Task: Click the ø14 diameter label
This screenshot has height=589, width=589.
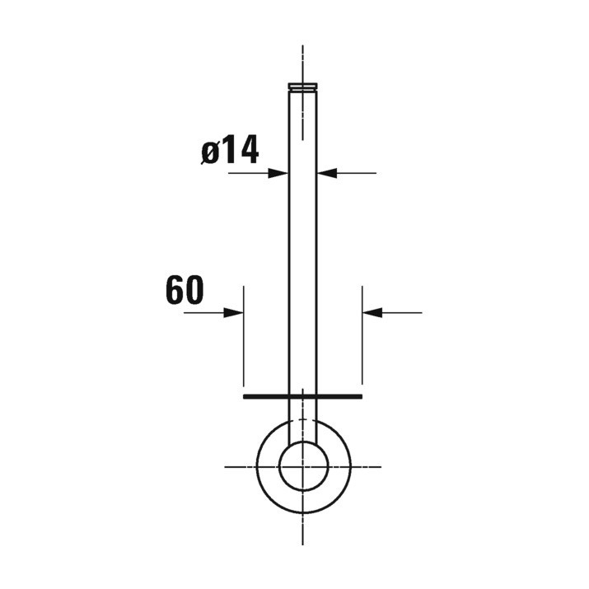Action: point(230,151)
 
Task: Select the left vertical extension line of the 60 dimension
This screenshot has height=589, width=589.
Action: point(244,346)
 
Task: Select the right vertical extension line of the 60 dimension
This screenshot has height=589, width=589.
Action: point(362,346)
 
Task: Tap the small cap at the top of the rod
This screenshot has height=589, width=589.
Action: point(302,86)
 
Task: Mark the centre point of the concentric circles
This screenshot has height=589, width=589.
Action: point(302,467)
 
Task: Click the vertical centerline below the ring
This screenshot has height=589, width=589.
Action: point(302,531)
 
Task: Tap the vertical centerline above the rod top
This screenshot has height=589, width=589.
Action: point(302,62)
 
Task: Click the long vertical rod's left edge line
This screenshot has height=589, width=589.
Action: point(288,247)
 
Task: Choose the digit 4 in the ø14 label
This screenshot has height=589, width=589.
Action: point(249,151)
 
